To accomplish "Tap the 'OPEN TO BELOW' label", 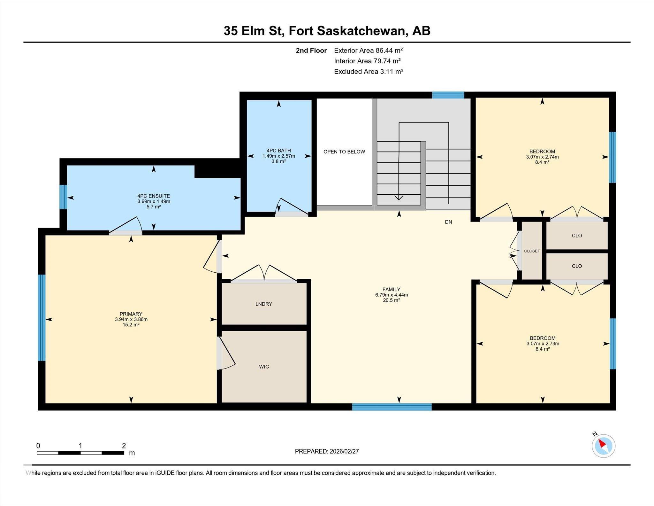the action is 344,152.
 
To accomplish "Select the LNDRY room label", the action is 264,304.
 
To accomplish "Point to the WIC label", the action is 264,367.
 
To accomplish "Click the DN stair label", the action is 448,222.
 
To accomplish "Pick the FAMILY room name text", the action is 391,290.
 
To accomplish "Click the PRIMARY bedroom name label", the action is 131,314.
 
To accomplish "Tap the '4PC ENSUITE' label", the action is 154,196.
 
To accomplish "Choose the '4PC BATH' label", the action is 279,151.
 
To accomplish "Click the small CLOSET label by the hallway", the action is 532,251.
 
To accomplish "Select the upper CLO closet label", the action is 577,236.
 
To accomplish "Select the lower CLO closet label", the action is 577,266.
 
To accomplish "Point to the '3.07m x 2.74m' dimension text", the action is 542,157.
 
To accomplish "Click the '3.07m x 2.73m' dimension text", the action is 543,344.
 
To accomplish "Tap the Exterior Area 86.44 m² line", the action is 368,50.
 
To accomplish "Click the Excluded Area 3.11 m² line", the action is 369,72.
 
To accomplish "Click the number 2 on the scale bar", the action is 124,446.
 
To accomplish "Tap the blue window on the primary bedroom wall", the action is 42,318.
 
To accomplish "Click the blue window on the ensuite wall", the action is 63,197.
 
